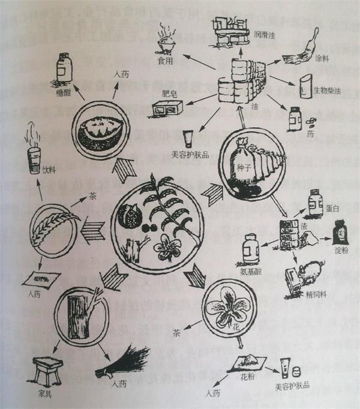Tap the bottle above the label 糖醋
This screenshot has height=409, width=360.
click(x=62, y=67)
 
